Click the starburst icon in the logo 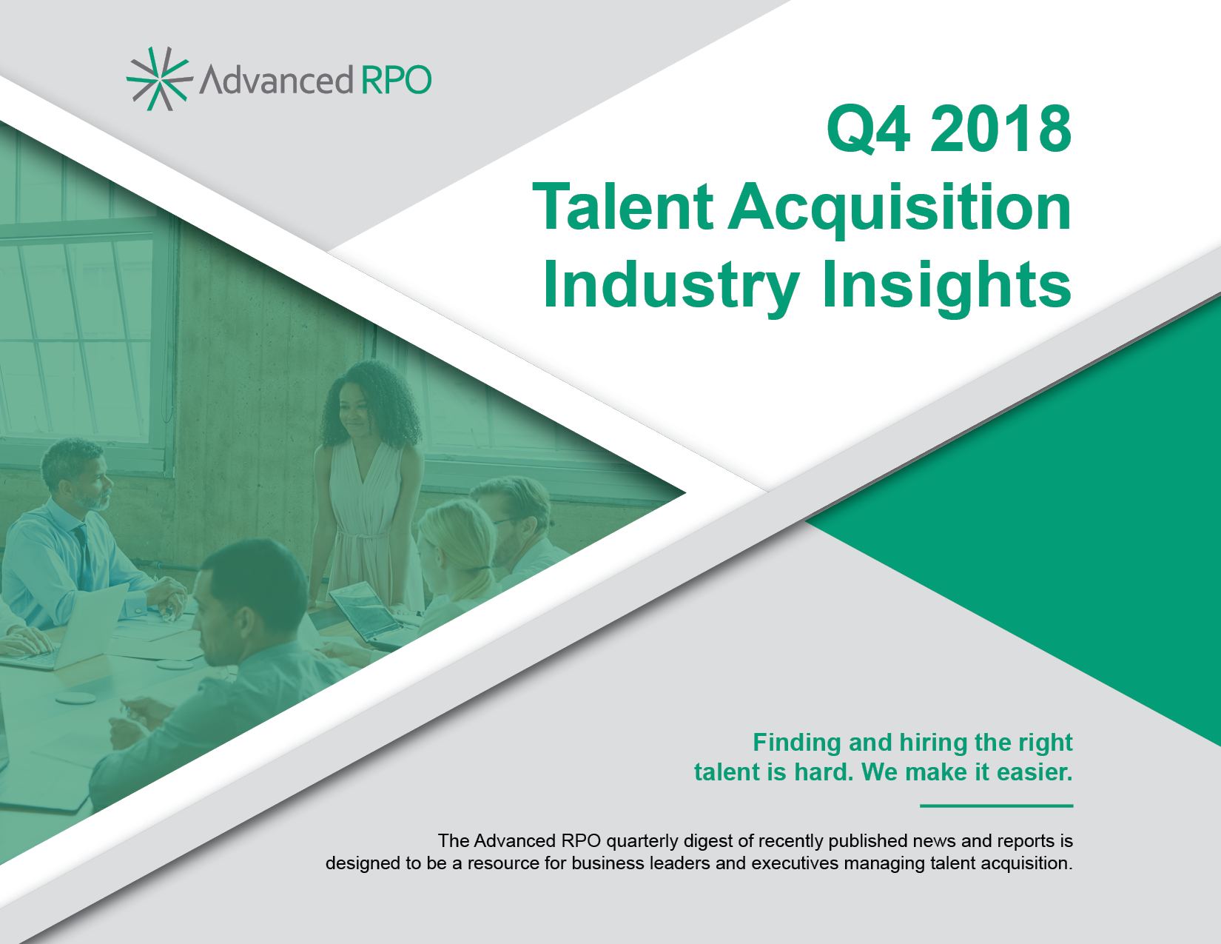(159, 78)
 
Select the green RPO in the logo (396, 80)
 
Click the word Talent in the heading (622, 207)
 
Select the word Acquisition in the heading (900, 210)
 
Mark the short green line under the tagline (996, 806)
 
